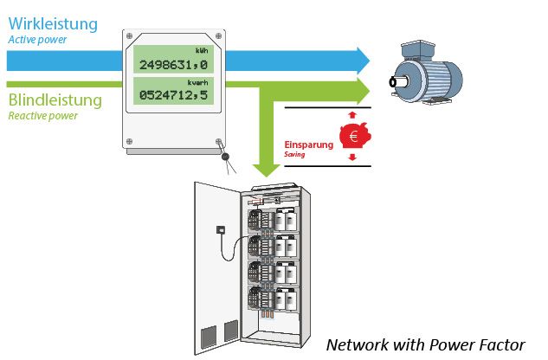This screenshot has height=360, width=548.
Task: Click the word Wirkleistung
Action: point(48,23)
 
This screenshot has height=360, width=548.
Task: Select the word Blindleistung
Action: point(55,100)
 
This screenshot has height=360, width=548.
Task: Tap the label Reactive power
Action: point(42,116)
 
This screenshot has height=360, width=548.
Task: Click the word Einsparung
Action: point(308,145)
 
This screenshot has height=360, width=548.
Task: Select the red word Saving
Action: point(294,155)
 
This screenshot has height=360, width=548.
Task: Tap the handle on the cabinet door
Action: point(222,230)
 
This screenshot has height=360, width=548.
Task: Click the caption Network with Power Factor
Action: point(424,344)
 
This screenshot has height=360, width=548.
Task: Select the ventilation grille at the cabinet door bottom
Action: point(219,332)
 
